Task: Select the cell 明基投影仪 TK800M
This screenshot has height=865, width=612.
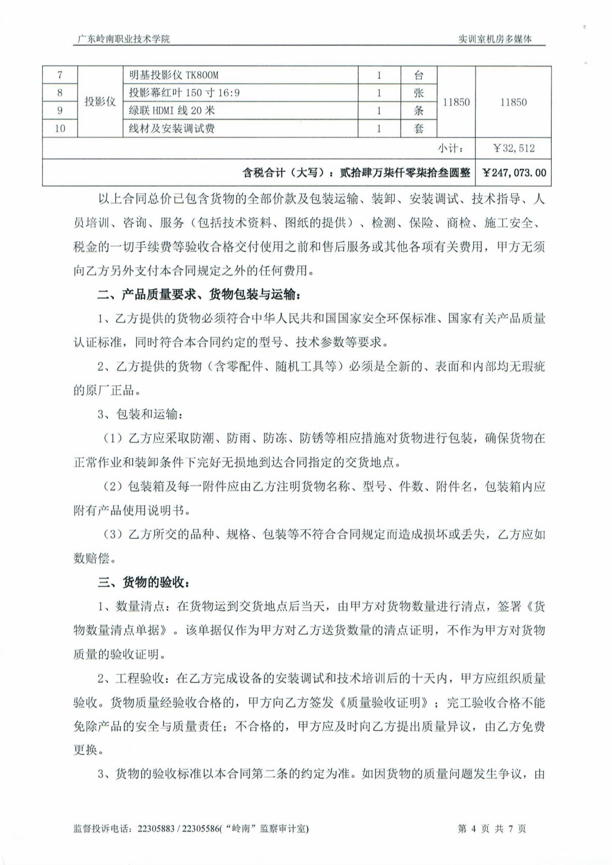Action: point(173,75)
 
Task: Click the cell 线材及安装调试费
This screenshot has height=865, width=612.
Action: point(172,129)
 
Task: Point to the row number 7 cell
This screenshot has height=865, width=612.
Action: point(60,75)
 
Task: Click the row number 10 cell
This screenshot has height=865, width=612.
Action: point(60,129)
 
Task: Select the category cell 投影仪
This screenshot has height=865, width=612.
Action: point(100,102)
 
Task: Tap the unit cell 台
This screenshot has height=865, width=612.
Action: point(418,75)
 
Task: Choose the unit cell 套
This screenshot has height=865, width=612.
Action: point(418,129)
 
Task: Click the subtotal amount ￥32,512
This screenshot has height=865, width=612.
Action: point(513,148)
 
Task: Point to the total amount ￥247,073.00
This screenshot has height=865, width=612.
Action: point(513,173)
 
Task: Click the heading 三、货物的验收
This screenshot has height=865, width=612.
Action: point(144,582)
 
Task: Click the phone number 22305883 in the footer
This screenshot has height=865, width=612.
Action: point(154,829)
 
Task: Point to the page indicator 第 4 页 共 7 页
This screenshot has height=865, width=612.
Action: point(492,829)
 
